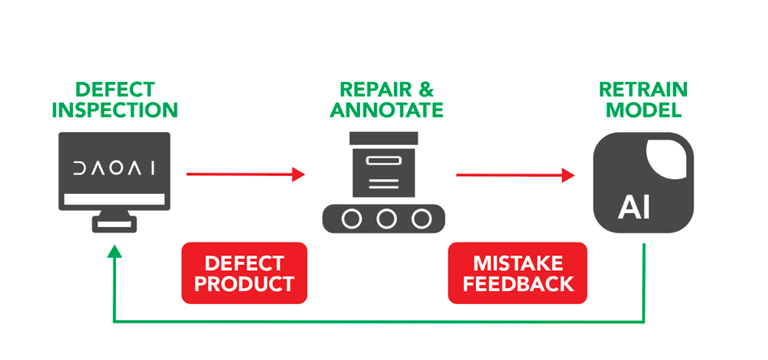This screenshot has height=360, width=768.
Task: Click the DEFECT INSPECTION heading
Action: (114, 99)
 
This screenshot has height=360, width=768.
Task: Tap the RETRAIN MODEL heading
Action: (643, 99)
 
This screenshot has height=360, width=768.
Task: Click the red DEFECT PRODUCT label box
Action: (244, 273)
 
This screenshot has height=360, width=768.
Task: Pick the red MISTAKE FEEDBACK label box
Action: (517, 273)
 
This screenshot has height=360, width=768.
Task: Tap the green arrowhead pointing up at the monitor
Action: (114, 253)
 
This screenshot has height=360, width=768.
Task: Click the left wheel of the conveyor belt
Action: (353, 218)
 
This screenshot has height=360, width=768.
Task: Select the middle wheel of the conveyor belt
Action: (387, 218)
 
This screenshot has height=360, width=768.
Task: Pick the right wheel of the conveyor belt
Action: (421, 218)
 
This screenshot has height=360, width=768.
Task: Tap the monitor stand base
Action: (114, 225)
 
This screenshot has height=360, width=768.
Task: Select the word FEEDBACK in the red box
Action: (517, 284)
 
